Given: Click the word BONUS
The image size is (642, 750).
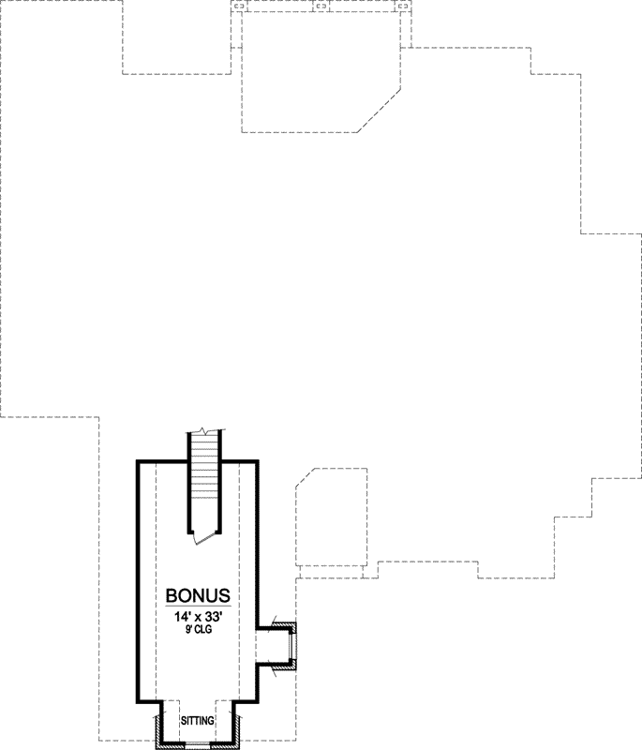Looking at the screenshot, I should tap(198, 596).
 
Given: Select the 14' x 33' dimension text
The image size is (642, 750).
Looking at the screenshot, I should tap(198, 619).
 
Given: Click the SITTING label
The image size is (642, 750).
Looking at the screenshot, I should tap(198, 720).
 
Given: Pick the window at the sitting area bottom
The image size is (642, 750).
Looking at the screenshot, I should tap(198, 746).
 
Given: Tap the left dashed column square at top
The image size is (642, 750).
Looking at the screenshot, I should tap(239, 7).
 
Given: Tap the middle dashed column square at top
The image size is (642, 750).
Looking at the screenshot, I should tap(321, 7).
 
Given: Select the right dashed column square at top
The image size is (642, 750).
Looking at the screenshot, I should tap(404, 7).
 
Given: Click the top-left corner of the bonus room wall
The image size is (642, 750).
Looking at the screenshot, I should tap(139, 462).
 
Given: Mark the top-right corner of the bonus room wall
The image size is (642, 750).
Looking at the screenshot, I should tap(258, 462).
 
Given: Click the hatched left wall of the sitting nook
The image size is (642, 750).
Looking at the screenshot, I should tap(158, 730).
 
